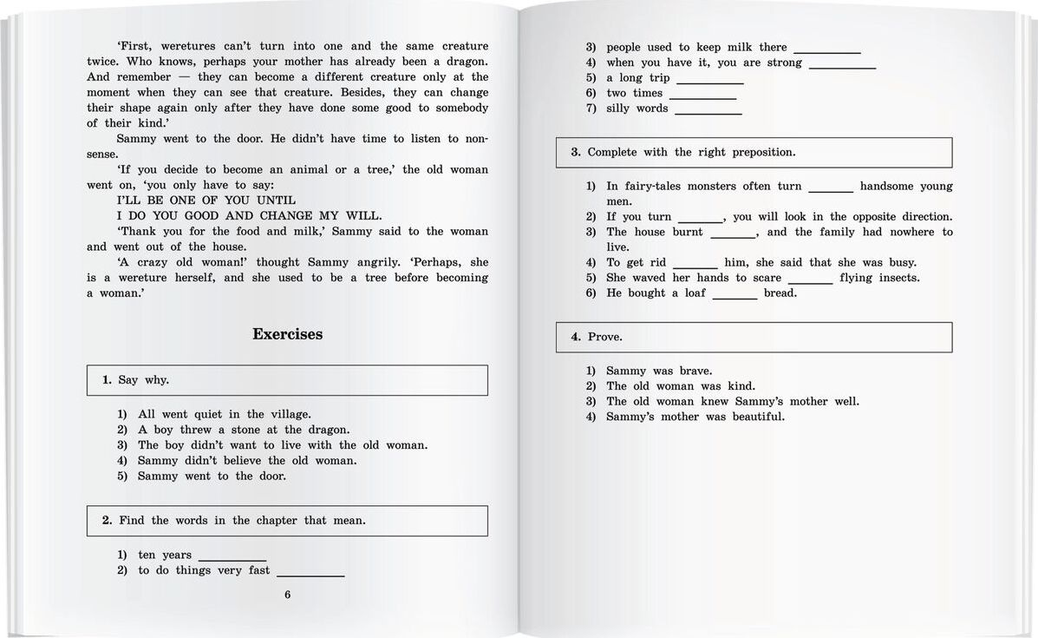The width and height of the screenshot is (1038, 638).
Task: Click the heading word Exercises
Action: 287,334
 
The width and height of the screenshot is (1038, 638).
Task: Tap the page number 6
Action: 287,595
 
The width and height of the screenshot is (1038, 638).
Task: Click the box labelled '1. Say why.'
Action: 287,380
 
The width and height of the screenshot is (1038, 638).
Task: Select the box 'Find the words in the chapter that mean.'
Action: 287,521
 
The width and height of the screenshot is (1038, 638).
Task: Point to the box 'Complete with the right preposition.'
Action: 754,153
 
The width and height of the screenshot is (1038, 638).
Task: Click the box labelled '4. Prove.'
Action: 754,337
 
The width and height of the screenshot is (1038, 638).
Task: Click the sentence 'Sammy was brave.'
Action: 658,371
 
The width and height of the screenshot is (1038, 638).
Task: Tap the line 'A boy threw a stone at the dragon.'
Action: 244,430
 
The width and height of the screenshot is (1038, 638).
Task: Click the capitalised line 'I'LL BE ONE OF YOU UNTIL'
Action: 194,201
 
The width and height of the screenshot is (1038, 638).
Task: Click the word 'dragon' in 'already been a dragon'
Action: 463,62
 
